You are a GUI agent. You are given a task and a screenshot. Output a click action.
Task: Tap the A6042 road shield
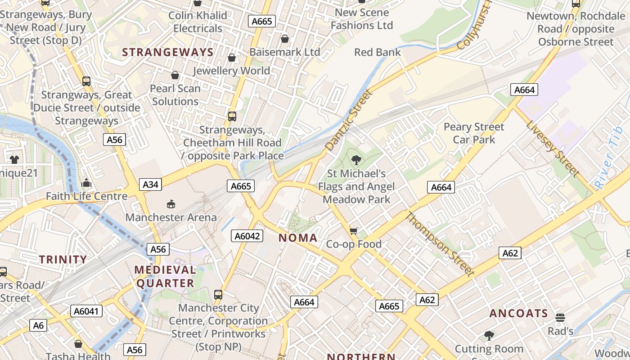(x=247, y=235)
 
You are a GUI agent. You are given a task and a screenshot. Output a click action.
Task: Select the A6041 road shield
(x=86, y=311)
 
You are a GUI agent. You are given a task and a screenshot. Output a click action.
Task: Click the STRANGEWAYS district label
(x=168, y=52)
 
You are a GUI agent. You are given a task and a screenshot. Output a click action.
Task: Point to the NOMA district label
(x=298, y=238)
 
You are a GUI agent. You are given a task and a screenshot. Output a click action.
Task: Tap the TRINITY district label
(x=63, y=259)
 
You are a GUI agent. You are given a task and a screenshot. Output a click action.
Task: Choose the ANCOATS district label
(x=518, y=313)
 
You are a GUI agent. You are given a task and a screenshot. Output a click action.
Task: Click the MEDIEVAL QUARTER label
(x=165, y=276)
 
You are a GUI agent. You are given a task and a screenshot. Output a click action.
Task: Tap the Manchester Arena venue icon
(x=171, y=204)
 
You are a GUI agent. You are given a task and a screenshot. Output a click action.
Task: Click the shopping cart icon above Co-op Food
(x=354, y=231)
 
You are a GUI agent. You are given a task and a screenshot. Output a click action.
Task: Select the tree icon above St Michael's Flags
(x=356, y=160)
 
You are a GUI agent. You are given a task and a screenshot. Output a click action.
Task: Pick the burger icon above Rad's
(x=560, y=318)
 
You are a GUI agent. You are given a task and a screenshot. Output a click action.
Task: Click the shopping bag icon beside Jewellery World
(x=232, y=58)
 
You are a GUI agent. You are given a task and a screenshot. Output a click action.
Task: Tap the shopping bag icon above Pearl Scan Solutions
(x=175, y=75)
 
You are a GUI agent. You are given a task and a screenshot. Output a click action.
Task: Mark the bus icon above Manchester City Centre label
(x=218, y=295)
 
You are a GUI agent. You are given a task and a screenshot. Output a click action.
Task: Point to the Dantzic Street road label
(x=349, y=120)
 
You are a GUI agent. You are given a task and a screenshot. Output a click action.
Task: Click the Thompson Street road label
(x=440, y=244)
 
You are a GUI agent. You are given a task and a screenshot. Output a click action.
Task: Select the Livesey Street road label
(x=553, y=142)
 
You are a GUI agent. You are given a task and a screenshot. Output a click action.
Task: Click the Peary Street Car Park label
(x=474, y=133)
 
